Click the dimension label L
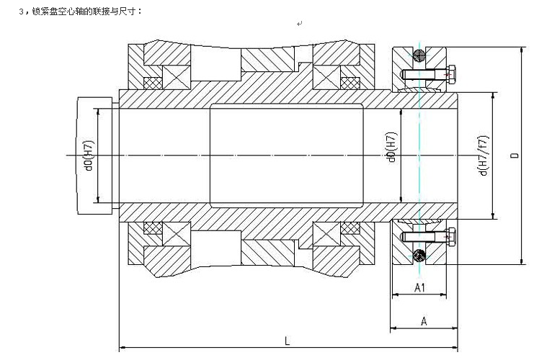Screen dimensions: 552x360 pyautogui.click(x=288, y=341)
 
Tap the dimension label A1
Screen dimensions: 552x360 pyautogui.click(x=419, y=288)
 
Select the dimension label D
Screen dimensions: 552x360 pyautogui.click(x=515, y=155)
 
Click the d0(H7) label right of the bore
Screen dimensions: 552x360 pyautogui.click(x=392, y=148)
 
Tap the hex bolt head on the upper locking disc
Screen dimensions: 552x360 pyautogui.click(x=451, y=74)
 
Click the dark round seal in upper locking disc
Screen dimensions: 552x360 pyautogui.click(x=419, y=55)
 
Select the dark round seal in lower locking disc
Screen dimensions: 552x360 pyautogui.click(x=419, y=256)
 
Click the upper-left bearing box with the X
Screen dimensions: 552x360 pyautogui.click(x=176, y=77)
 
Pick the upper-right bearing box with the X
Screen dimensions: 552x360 pyautogui.click(x=326, y=77)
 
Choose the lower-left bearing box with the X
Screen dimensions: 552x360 pyautogui.click(x=176, y=234)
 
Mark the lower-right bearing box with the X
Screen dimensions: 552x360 pyautogui.click(x=326, y=234)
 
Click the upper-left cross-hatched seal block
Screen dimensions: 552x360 pyautogui.click(x=153, y=83)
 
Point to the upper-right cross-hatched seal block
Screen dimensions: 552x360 pyautogui.click(x=350, y=83)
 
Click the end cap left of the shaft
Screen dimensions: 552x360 pyautogui.click(x=94, y=156)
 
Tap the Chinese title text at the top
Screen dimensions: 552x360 pyautogui.click(x=81, y=12)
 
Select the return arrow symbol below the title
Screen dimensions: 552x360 pyautogui.click(x=299, y=24)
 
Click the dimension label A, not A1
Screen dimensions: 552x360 pyautogui.click(x=424, y=321)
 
